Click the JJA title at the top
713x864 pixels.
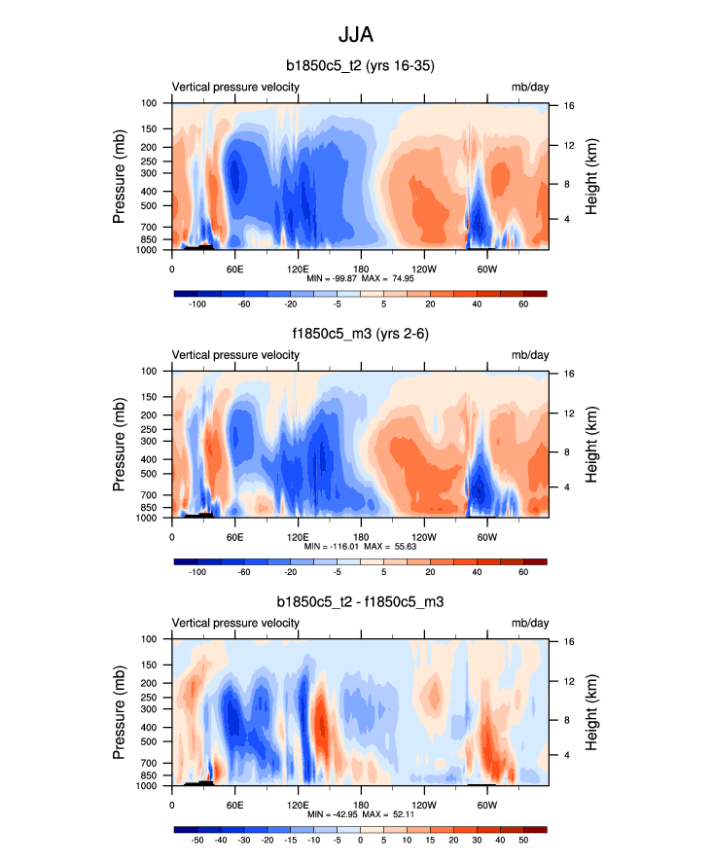pyautogui.click(x=355, y=35)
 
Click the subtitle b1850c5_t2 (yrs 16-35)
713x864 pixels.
pyautogui.click(x=360, y=66)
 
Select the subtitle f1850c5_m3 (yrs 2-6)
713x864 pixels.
pyautogui.click(x=360, y=335)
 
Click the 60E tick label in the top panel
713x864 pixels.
pyautogui.click(x=234, y=268)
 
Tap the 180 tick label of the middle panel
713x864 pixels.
pyautogui.click(x=361, y=536)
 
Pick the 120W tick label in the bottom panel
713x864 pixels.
pyautogui.click(x=424, y=804)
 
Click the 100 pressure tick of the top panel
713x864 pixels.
pyautogui.click(x=151, y=103)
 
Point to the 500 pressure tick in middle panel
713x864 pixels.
pyautogui.click(x=151, y=474)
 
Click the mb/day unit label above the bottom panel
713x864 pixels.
pyautogui.click(x=530, y=623)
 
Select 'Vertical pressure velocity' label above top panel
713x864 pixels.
pyautogui.click(x=235, y=87)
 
